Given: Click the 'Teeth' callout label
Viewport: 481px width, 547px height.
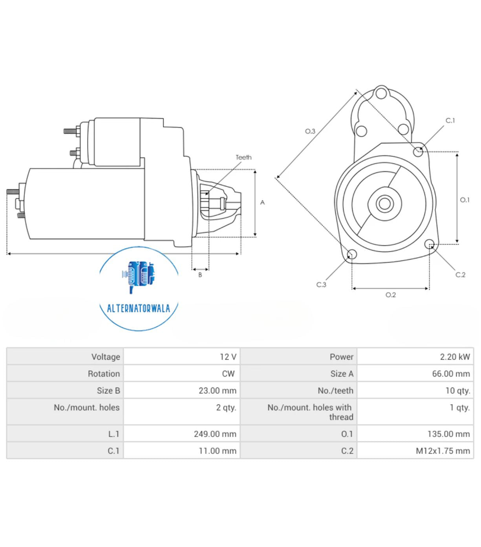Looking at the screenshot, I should click(243, 157).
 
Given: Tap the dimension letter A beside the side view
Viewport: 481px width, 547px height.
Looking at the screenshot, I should click(262, 203).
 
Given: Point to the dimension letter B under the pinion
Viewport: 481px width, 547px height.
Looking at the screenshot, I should click(200, 275).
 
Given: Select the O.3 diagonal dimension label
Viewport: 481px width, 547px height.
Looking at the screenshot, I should click(310, 131).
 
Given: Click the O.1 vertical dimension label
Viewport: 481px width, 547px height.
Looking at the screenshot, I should click(465, 200).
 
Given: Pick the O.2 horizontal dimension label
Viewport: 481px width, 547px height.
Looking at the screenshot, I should click(390, 295).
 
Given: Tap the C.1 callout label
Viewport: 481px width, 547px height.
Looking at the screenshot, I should click(450, 121).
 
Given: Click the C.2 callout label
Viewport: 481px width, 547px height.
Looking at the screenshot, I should click(460, 275).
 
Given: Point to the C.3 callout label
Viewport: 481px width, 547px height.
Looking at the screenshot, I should click(321, 285).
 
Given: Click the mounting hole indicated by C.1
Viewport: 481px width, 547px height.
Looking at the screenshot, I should click(418, 151).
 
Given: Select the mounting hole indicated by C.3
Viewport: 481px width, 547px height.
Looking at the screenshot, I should click(352, 254).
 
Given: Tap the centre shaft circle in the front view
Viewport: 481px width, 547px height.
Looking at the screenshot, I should click(384, 204).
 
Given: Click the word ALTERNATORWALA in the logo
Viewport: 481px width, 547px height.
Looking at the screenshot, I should click(139, 308).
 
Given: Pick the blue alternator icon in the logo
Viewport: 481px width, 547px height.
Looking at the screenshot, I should click(138, 275).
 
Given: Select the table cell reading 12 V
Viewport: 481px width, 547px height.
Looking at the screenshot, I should click(228, 357).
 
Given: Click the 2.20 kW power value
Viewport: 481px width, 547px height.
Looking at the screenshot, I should click(454, 357).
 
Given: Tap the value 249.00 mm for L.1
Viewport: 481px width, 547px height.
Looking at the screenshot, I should click(215, 434).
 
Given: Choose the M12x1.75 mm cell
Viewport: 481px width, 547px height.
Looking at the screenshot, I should click(443, 451).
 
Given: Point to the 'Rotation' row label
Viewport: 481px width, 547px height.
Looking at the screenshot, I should click(104, 373).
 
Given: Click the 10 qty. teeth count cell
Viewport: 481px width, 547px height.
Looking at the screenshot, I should click(457, 390).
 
